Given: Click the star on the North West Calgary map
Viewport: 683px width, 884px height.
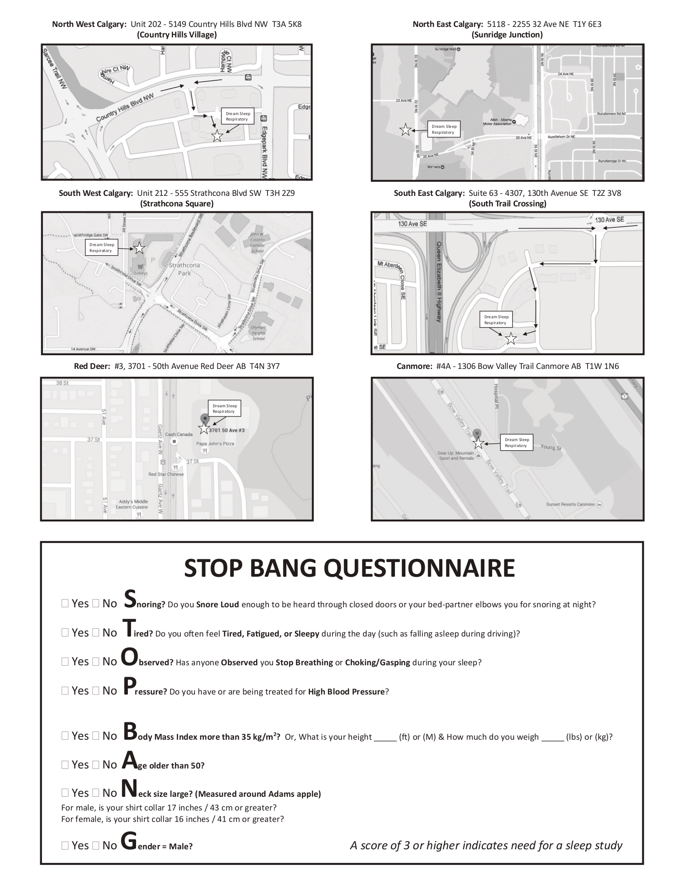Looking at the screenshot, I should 217,136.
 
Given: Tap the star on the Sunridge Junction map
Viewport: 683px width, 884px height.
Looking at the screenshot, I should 405,130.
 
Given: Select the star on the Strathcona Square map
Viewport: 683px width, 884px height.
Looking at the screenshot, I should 139,248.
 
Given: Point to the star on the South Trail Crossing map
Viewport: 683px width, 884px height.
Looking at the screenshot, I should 511,339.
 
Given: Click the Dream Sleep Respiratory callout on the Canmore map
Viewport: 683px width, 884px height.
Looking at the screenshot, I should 517,442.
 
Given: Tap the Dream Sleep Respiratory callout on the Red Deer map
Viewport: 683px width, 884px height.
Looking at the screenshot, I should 225,408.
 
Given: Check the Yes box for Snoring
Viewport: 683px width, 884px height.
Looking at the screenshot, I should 65,604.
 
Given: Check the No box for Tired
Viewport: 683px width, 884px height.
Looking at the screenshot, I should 95,632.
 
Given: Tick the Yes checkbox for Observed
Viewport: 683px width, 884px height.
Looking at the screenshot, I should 65,661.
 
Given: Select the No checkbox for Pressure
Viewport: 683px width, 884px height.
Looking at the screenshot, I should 95,690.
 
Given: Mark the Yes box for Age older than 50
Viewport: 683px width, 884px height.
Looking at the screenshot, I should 65,765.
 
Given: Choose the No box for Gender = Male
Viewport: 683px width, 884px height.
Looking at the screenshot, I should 95,845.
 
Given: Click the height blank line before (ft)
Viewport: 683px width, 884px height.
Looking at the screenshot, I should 385,737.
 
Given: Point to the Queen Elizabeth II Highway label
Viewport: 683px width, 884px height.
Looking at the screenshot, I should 439,282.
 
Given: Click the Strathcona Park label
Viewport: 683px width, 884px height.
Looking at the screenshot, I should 184,269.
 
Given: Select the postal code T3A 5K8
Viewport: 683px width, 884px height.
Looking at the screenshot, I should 287,24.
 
